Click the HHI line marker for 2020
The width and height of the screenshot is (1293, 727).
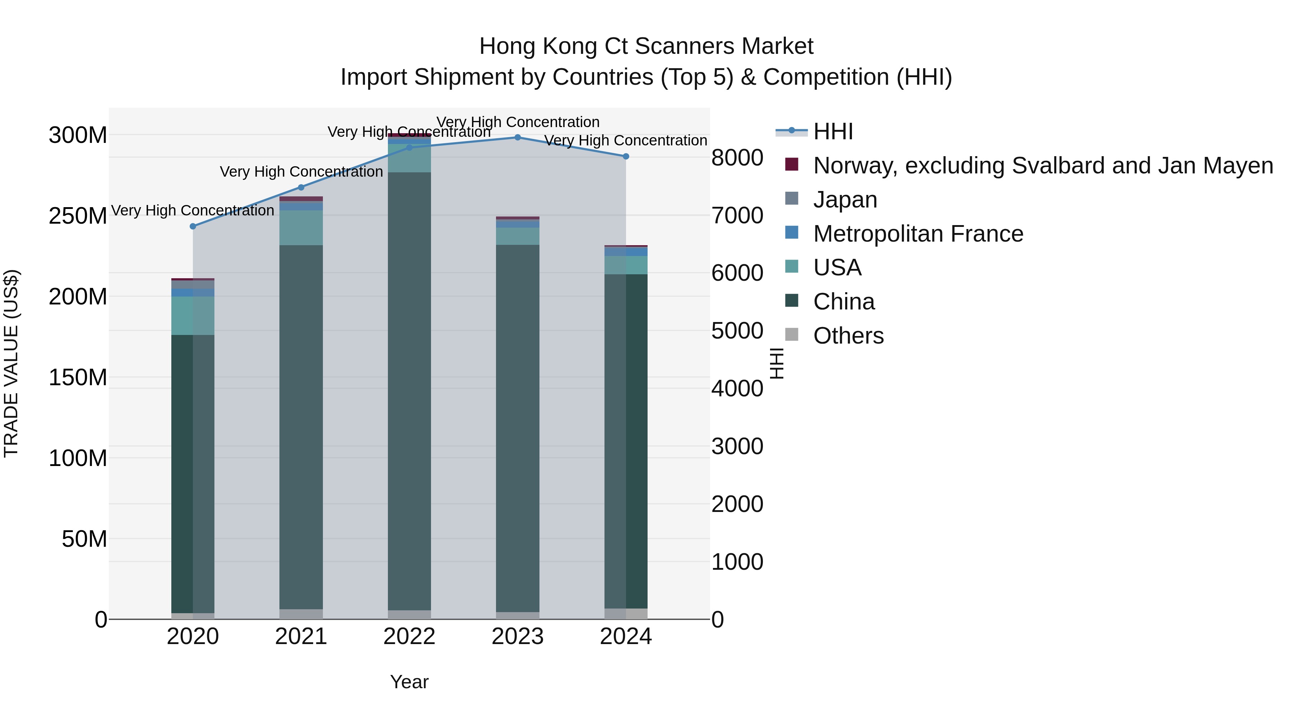(193, 226)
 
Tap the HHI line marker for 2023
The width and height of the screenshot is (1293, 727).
(518, 138)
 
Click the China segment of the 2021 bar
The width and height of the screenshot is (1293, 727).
(301, 427)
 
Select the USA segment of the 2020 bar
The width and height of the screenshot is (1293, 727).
(193, 316)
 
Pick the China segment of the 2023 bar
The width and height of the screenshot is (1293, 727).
(518, 427)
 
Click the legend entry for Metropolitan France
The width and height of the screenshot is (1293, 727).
(918, 234)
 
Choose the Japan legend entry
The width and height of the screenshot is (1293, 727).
(845, 200)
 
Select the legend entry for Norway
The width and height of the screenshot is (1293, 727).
(1043, 166)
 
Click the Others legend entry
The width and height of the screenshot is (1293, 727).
(848, 336)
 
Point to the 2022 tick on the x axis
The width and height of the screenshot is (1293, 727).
(409, 637)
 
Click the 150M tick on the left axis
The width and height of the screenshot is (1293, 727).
(78, 377)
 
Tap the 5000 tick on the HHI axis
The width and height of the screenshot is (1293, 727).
(737, 331)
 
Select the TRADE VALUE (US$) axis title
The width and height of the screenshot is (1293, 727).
(11, 363)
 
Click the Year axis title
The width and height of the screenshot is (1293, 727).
(409, 682)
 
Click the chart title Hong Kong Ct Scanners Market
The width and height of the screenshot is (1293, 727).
(646, 46)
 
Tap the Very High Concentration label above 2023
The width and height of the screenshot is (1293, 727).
(518, 122)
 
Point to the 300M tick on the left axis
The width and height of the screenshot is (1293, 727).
(78, 135)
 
